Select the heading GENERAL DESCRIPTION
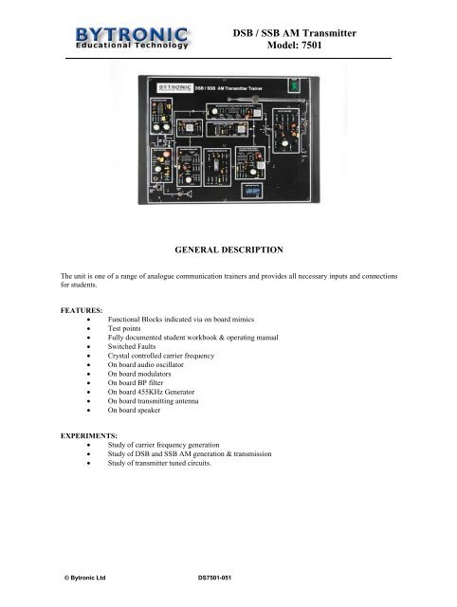click(228, 249)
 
